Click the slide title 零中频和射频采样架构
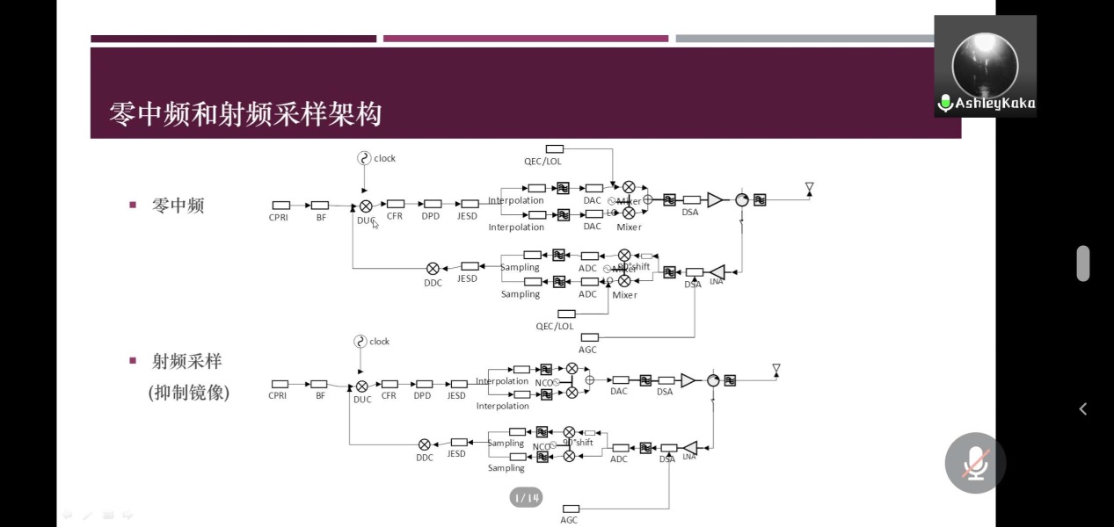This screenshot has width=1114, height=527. tap(245, 113)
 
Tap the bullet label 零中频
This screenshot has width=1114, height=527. tap(178, 206)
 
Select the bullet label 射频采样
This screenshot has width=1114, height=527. tap(186, 361)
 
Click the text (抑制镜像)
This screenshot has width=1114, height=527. tap(189, 393)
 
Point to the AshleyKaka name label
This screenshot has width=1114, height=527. tap(994, 104)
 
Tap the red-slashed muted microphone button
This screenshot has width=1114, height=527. tap(975, 462)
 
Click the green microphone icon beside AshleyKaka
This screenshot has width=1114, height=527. tap(945, 104)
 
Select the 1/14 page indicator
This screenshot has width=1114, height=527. tap(526, 498)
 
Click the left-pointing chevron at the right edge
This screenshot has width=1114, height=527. tap(1083, 408)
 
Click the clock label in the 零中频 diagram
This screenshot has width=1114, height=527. tap(384, 159)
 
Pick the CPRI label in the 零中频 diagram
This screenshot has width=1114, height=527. tap(280, 217)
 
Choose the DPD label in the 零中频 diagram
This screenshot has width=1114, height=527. tap(430, 216)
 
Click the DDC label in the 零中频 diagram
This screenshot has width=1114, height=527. tap(433, 283)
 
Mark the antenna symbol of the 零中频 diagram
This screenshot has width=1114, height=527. tap(809, 188)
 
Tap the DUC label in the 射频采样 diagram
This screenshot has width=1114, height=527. tap(362, 400)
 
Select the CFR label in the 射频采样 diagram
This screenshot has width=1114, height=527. tap(389, 396)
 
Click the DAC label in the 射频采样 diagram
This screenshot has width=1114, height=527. tap(619, 392)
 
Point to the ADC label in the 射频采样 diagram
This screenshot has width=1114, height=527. tap(619, 459)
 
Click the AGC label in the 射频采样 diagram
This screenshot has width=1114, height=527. tap(569, 520)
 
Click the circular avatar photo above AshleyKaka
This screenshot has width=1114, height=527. tap(985, 63)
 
